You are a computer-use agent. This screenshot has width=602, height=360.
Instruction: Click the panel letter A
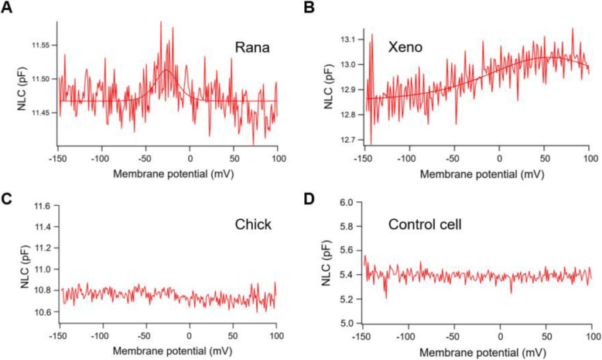pyautogui.click(x=6, y=7)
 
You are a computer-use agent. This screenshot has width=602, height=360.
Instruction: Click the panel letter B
pyautogui.click(x=310, y=7)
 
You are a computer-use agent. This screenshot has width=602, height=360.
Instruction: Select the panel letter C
pyautogui.click(x=6, y=200)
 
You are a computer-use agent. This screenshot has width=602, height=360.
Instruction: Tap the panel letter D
pyautogui.click(x=310, y=200)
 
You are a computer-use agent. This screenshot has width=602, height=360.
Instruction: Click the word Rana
pyautogui.click(x=252, y=47)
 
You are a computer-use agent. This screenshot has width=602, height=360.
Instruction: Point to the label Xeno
pyautogui.click(x=405, y=47)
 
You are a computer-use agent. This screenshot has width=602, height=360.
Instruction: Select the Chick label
pyautogui.click(x=253, y=225)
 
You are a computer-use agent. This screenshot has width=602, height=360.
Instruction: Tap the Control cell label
pyautogui.click(x=425, y=225)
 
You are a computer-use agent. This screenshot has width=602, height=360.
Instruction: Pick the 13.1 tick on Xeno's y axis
pyautogui.click(x=349, y=39)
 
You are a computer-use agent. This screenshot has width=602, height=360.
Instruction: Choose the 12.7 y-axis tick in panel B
pyautogui.click(x=349, y=140)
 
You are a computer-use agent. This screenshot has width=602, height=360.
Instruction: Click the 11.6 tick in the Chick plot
pyautogui.click(x=43, y=206)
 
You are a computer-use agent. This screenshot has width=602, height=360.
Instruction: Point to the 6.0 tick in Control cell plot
pyautogui.click(x=347, y=202)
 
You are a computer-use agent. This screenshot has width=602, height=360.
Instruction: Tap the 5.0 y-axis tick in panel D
pyautogui.click(x=347, y=324)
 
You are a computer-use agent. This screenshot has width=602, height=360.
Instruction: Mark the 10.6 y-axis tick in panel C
pyautogui.click(x=43, y=311)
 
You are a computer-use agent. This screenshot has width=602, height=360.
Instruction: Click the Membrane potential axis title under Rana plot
pyautogui.click(x=173, y=174)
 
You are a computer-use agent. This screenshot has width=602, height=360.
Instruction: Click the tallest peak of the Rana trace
pyautogui.click(x=161, y=22)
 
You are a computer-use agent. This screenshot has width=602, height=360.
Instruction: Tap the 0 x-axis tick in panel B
pyautogui.click(x=499, y=158)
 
